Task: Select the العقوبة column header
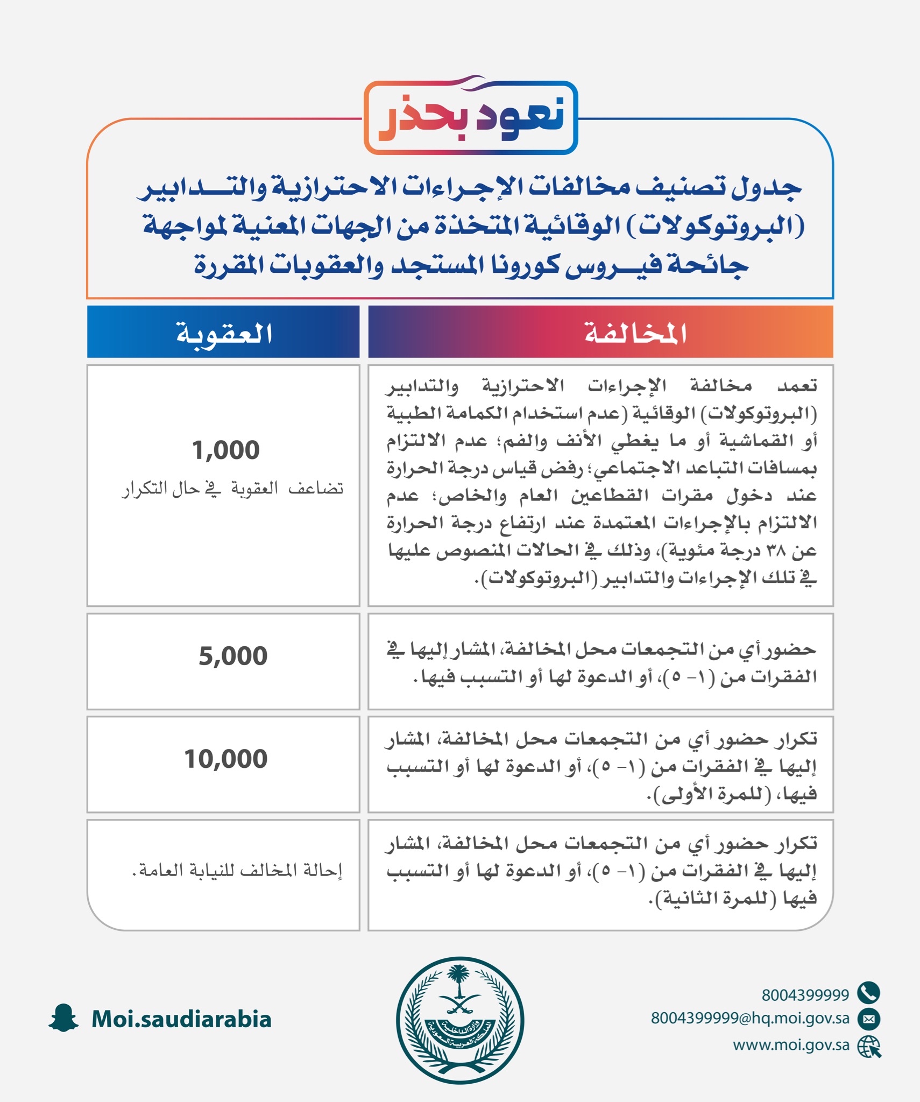coord(224,333)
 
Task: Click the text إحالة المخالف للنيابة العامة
coord(237,870)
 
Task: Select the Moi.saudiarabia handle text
coord(181,1019)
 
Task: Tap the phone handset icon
coord(868,993)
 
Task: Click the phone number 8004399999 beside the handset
coord(805,995)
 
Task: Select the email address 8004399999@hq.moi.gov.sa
coord(750,1019)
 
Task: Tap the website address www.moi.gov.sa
coord(791,1045)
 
